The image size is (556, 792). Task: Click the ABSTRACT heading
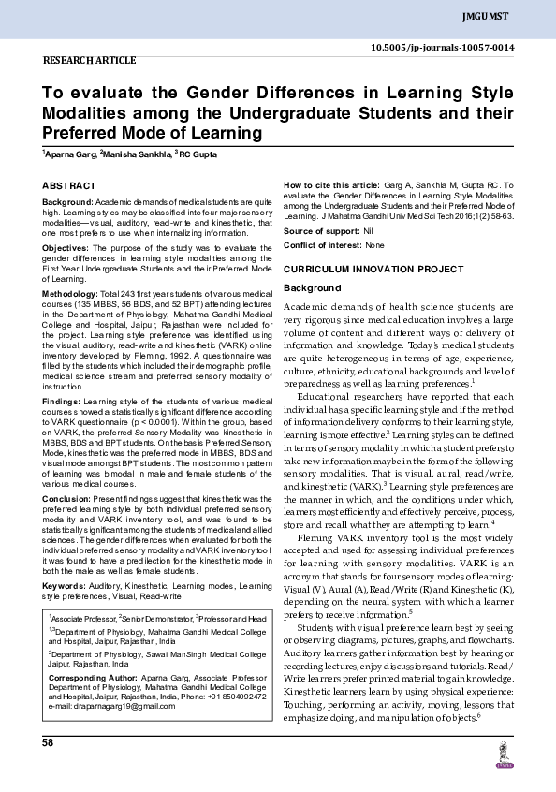tap(69, 187)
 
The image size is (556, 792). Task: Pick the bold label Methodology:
tap(72, 294)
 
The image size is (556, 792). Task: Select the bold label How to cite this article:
tap(332, 187)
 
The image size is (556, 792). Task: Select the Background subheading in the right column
tap(310, 287)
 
